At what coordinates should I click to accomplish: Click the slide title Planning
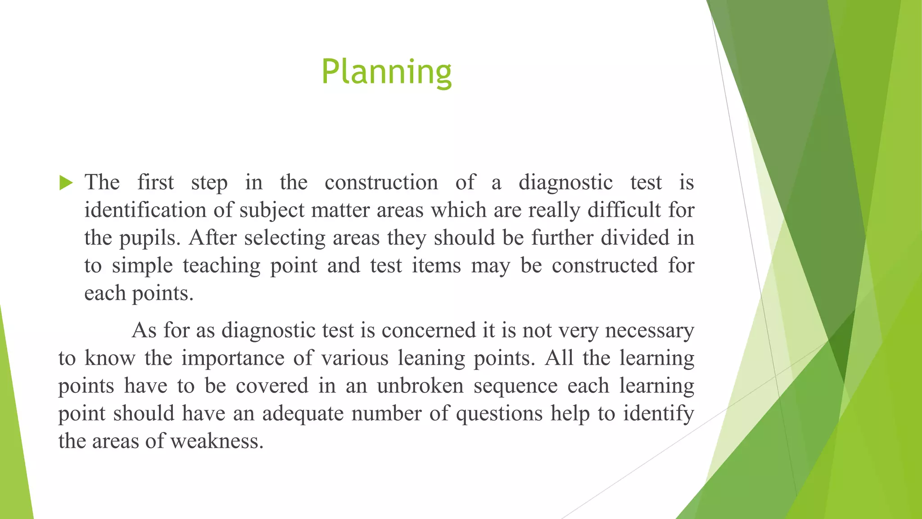pyautogui.click(x=386, y=72)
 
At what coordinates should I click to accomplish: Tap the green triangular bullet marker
pyautogui.click(x=66, y=183)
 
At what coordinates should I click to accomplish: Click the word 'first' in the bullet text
pyautogui.click(x=155, y=183)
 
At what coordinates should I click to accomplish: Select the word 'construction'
pyautogui.click(x=381, y=183)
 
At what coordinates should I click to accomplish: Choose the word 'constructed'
pyautogui.click(x=605, y=266)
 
